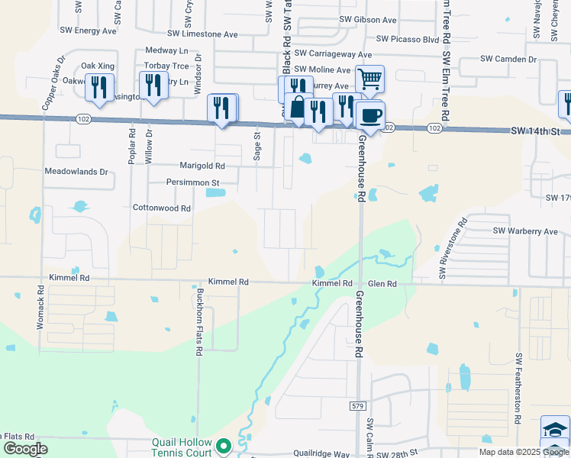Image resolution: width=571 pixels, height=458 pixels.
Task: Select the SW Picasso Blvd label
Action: (x=408, y=39)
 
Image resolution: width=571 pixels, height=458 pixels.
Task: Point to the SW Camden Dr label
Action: (x=508, y=59)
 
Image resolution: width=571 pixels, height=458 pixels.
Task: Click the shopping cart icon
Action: (x=369, y=79)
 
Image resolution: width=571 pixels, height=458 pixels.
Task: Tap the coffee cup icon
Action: (x=370, y=115)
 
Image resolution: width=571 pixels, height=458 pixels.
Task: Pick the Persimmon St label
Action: (x=193, y=183)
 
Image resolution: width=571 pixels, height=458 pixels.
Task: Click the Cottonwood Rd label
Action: (x=161, y=208)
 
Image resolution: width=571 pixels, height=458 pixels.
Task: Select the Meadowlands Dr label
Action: (x=76, y=172)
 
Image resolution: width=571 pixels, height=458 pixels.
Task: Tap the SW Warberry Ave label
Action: (x=525, y=231)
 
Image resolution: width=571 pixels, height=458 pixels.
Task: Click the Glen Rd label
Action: (x=382, y=284)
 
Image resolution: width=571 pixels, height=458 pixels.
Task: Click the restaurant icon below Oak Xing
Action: (x=99, y=88)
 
